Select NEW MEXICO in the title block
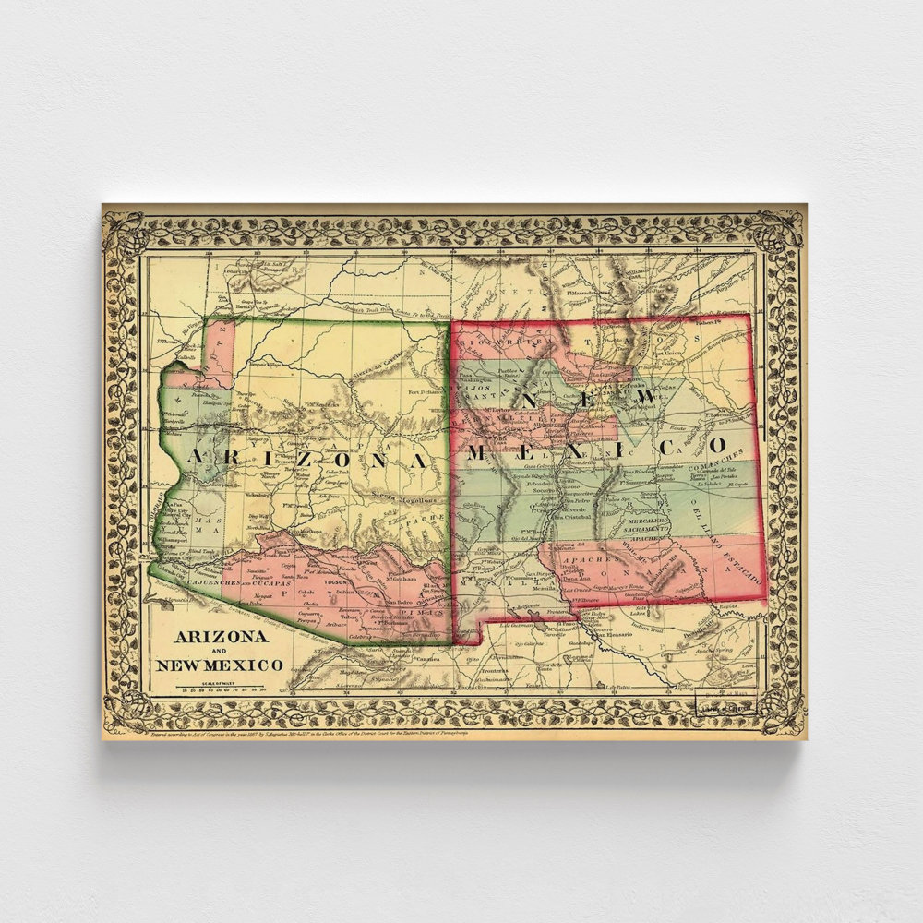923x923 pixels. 220,665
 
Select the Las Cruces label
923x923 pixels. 579,589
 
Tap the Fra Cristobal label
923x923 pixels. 570,518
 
